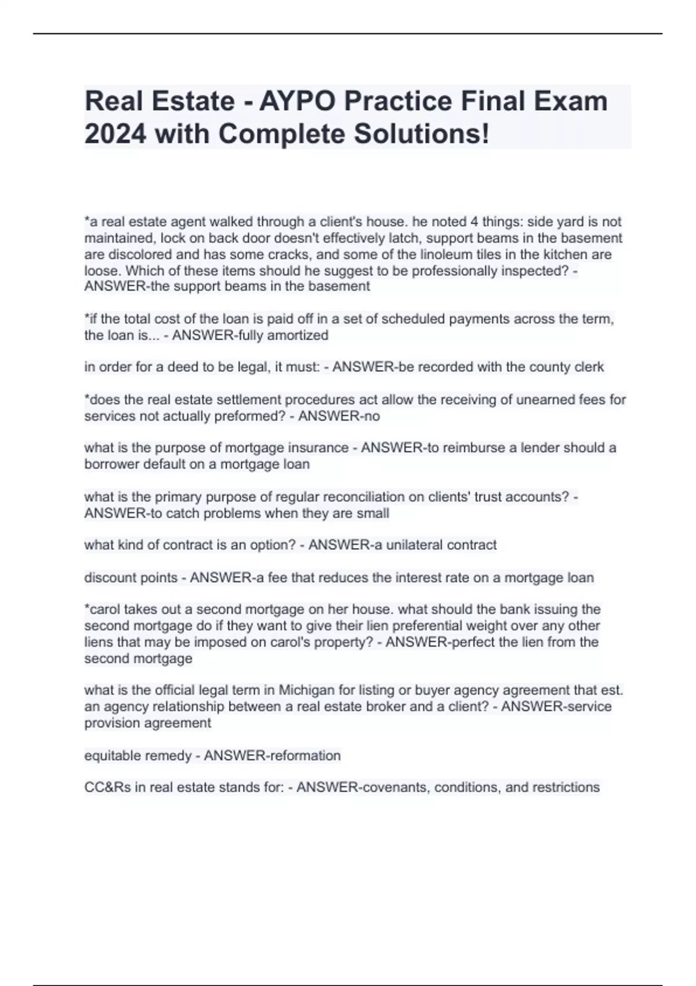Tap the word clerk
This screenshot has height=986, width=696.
(588, 367)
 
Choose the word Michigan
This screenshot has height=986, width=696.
(306, 690)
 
